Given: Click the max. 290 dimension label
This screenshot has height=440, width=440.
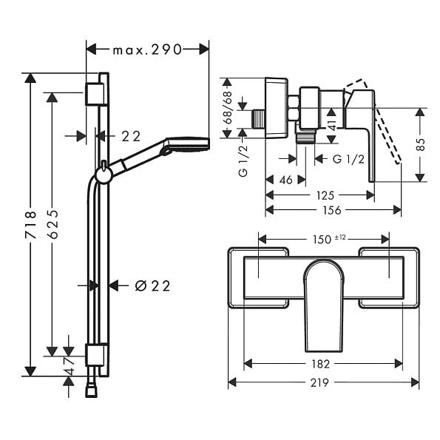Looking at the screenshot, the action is click(147, 50).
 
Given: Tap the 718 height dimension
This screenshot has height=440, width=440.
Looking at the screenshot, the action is click(30, 226).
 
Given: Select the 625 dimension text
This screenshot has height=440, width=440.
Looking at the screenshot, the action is click(53, 223).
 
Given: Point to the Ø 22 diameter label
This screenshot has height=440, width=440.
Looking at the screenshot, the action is click(152, 286).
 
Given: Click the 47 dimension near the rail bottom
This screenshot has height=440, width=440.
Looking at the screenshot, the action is click(69, 365).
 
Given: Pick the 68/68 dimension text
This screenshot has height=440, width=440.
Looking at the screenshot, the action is click(227, 107).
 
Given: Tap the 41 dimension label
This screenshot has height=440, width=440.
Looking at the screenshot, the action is click(332, 124).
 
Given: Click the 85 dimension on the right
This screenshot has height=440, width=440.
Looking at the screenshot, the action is click(420, 144).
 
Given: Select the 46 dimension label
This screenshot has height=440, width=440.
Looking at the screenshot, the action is click(285, 180).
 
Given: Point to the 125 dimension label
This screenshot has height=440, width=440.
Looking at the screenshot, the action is click(325, 195).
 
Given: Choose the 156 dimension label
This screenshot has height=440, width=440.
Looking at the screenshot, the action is click(332, 210).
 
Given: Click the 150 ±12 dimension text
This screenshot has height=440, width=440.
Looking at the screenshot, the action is click(329, 239).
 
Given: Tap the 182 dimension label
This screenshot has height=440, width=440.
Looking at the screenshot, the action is click(321, 364).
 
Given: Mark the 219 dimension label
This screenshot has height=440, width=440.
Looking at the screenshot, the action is click(319, 382).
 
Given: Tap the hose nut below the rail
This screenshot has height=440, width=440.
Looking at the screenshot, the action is click(91, 391).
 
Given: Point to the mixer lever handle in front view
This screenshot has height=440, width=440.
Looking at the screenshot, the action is click(323, 305).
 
